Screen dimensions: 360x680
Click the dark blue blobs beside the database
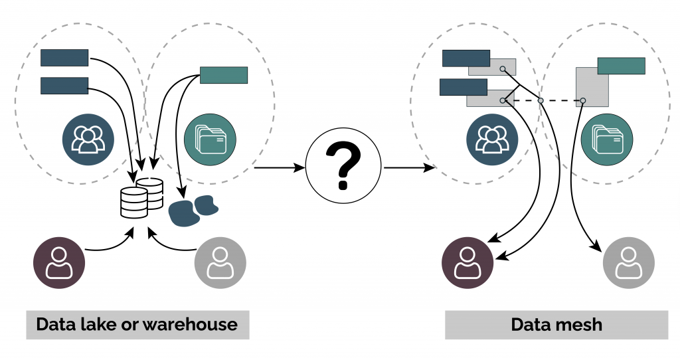coord(193,209)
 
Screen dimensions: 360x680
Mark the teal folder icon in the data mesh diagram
coord(606,139)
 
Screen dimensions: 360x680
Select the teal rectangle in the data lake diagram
coord(224,75)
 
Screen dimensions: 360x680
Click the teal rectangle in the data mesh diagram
coord(621,66)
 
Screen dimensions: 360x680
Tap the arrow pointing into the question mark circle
coord(279,167)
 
